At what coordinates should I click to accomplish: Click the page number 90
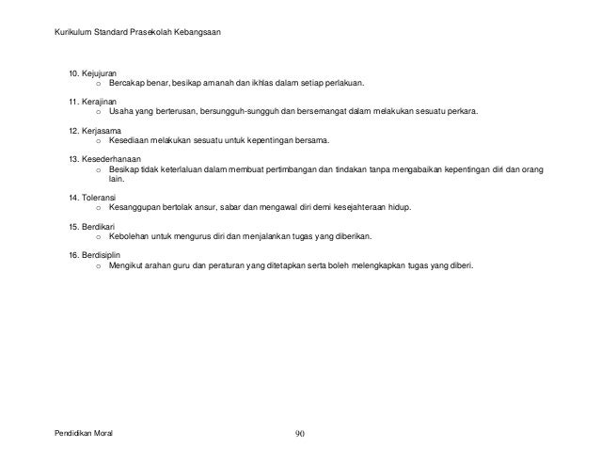[x=300, y=434]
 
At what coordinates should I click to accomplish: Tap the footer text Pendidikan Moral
[x=89, y=434]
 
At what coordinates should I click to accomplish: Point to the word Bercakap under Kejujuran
[x=126, y=84]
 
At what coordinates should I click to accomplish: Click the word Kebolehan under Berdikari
[x=130, y=238]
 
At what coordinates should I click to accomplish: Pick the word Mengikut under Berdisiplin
[x=128, y=266]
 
